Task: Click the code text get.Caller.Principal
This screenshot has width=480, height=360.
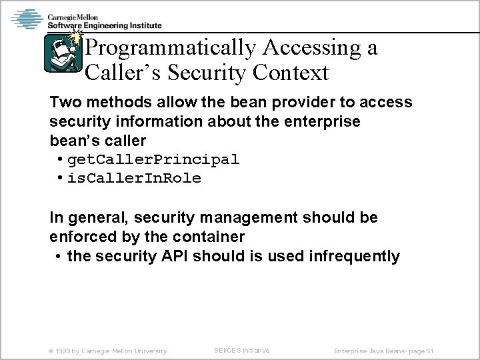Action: point(153,161)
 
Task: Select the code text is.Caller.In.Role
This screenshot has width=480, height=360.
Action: point(135,178)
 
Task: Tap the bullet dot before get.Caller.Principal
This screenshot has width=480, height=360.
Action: point(60,161)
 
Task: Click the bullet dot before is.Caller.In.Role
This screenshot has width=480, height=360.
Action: point(60,178)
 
